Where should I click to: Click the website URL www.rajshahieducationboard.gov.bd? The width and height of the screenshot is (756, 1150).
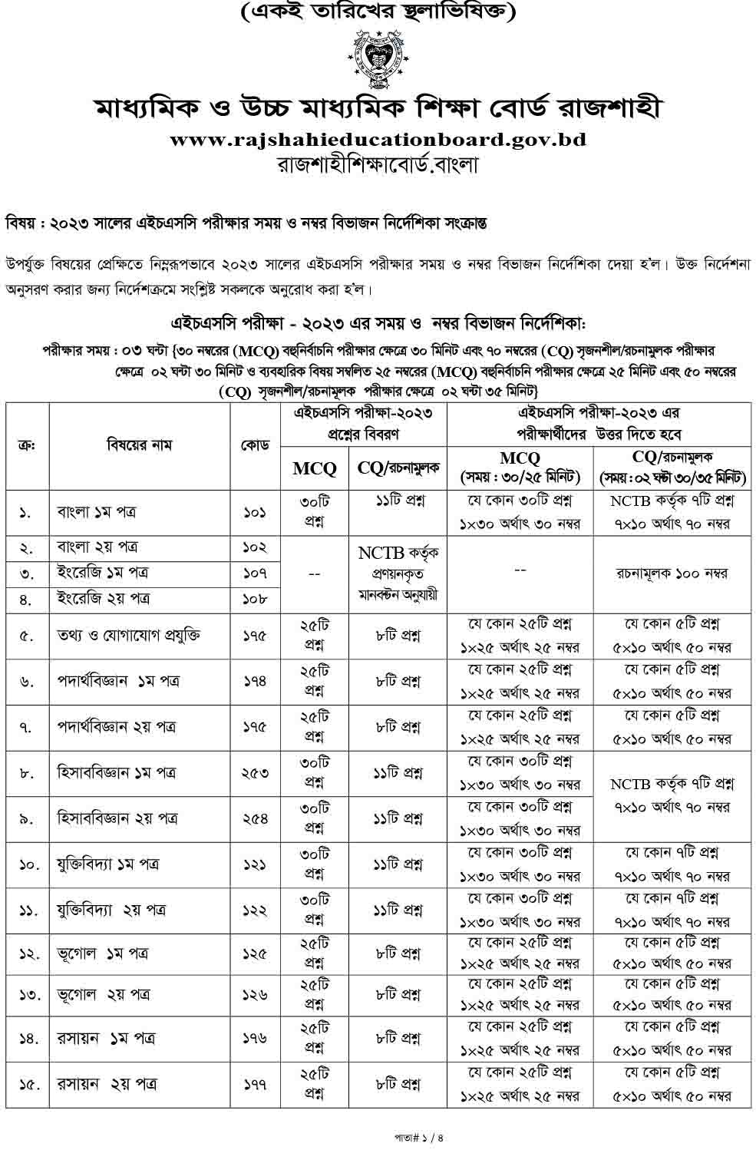378,140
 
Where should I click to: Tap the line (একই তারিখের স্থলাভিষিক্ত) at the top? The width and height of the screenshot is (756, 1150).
378,12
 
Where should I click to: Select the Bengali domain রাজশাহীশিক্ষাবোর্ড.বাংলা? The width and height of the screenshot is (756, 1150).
378,164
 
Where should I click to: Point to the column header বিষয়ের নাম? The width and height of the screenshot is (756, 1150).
140,445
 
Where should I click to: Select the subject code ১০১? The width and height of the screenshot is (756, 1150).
254,512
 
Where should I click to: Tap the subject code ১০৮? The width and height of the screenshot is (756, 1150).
254,599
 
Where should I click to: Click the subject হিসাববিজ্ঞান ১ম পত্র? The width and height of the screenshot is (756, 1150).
117,773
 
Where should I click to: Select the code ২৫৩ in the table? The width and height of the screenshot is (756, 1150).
254,773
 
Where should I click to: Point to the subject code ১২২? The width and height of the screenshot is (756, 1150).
254,910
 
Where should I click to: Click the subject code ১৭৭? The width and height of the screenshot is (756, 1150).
254,1084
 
